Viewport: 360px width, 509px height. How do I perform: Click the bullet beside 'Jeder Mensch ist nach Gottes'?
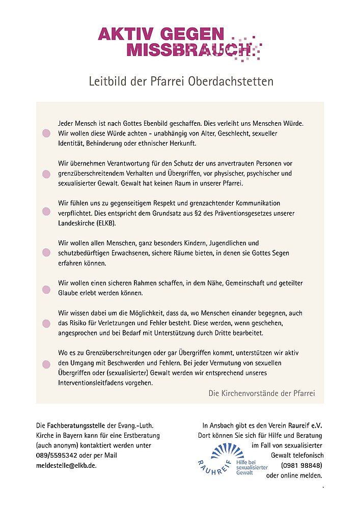point(46,133)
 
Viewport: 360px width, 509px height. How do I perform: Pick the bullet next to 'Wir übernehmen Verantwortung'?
point(46,174)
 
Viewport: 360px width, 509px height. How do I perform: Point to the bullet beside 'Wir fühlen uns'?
point(46,211)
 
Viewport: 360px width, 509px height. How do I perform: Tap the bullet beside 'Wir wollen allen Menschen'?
point(46,252)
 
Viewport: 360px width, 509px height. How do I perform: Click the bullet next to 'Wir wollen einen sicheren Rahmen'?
point(46,290)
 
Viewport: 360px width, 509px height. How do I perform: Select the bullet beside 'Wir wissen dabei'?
point(46,323)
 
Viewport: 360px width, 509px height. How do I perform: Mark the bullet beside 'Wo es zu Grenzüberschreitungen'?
point(46,364)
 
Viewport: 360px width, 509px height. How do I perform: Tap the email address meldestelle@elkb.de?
point(66,465)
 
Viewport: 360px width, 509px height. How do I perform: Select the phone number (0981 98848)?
point(301,465)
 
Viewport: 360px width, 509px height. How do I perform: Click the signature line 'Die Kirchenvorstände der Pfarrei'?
point(262,393)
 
